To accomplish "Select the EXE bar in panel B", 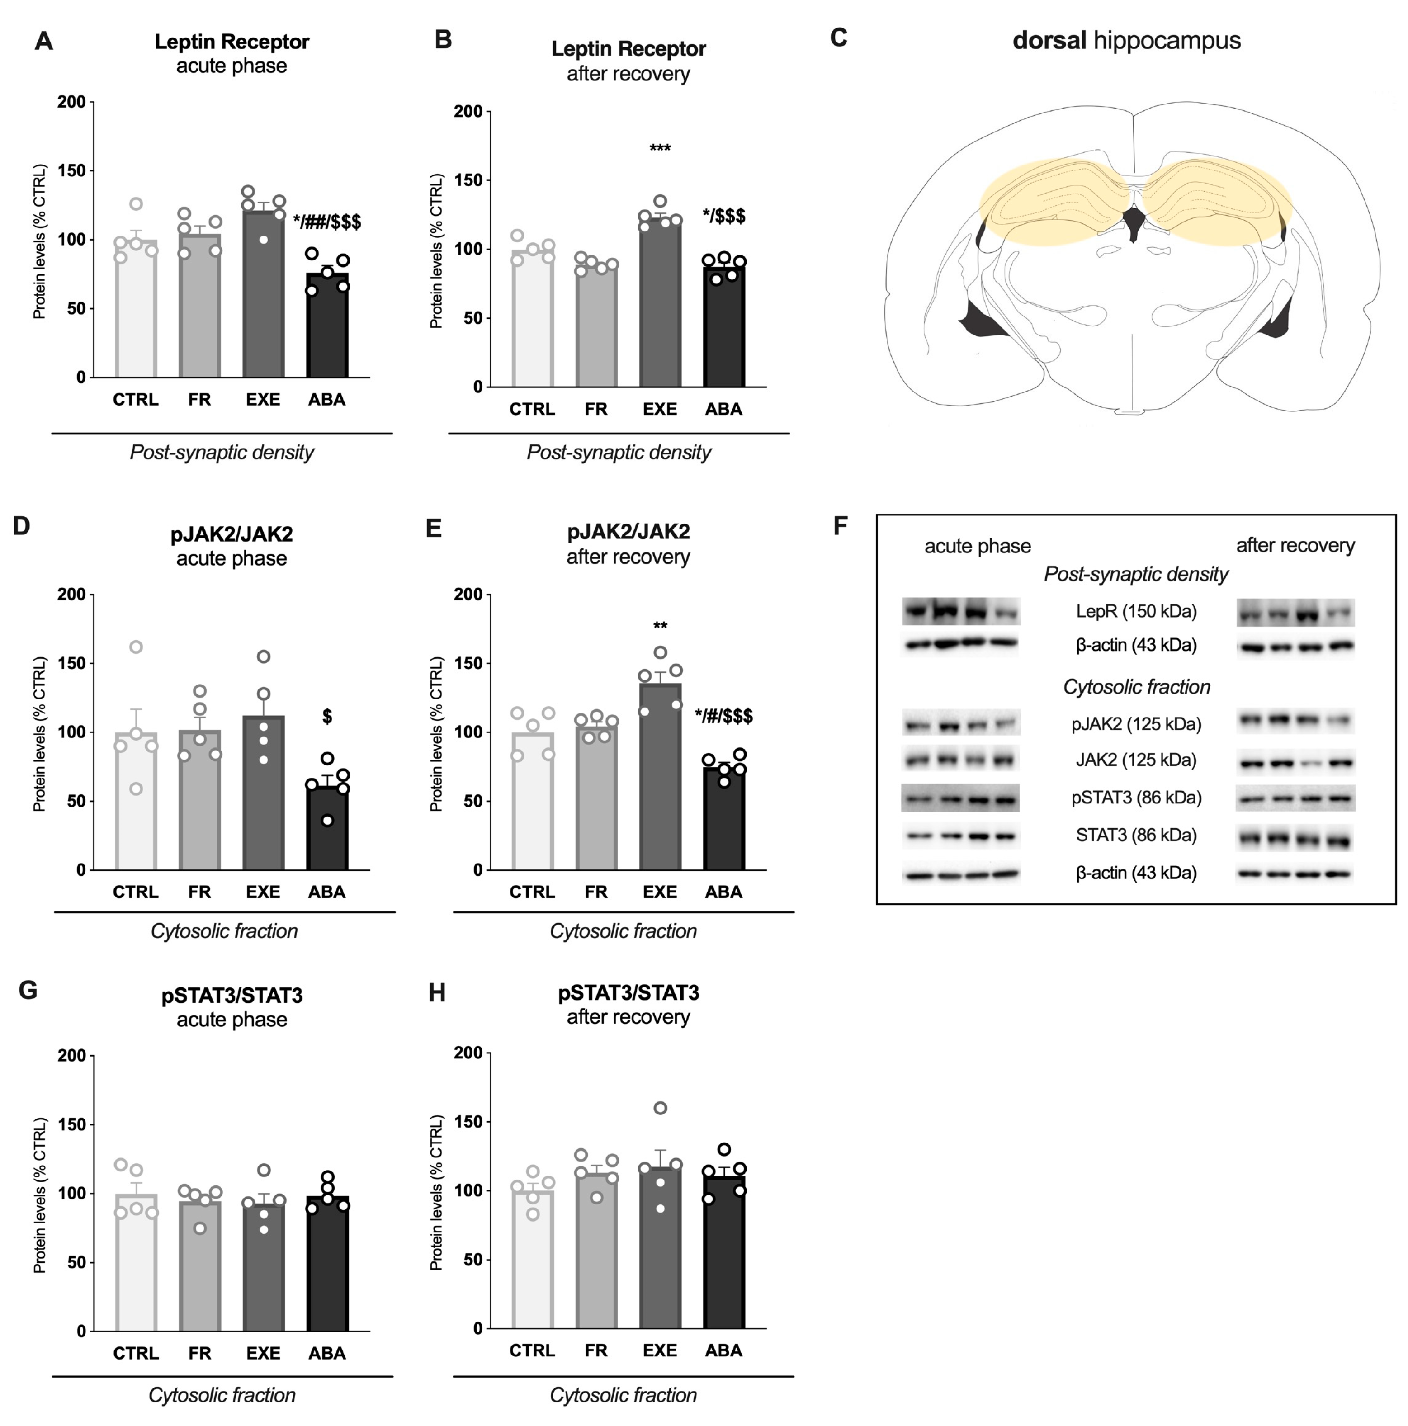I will pyautogui.click(x=659, y=302).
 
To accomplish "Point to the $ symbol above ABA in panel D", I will pyautogui.click(x=327, y=716).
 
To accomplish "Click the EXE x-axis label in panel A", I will pyautogui.click(x=263, y=399).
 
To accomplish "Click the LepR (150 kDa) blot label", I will pyautogui.click(x=1135, y=611).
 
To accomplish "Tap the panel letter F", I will pyautogui.click(x=840, y=526).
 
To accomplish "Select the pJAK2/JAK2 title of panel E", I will pyautogui.click(x=628, y=531).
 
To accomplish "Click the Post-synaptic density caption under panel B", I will pyautogui.click(x=619, y=453).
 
